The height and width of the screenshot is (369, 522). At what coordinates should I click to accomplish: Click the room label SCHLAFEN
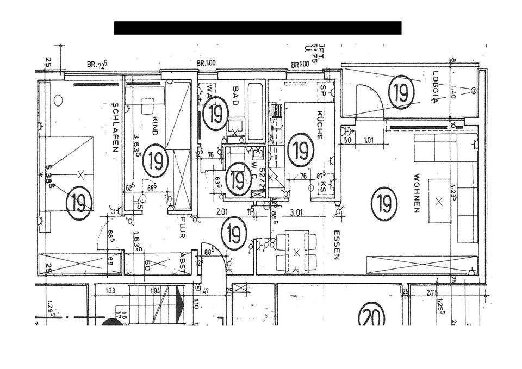115,127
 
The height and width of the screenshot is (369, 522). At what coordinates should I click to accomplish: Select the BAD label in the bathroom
235,91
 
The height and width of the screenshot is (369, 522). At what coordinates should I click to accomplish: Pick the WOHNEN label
417,193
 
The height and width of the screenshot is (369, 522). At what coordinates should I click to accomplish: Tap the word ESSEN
337,245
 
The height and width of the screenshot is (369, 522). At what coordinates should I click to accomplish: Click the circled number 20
371,315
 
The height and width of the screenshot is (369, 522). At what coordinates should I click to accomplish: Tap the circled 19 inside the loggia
401,92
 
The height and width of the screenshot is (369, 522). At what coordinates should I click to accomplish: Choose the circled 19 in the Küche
300,149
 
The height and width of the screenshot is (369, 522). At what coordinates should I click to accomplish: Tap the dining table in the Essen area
296,252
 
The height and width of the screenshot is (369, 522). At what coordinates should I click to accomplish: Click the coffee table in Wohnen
439,201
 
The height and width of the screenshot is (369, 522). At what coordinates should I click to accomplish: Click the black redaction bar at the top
258,28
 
